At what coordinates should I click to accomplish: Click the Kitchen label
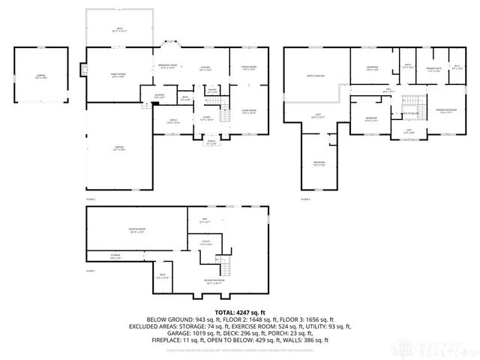point(205,68)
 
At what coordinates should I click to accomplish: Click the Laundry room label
point(160,96)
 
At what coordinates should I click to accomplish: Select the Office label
point(172,121)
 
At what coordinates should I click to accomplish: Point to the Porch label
point(211,143)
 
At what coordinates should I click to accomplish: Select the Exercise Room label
point(136,231)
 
